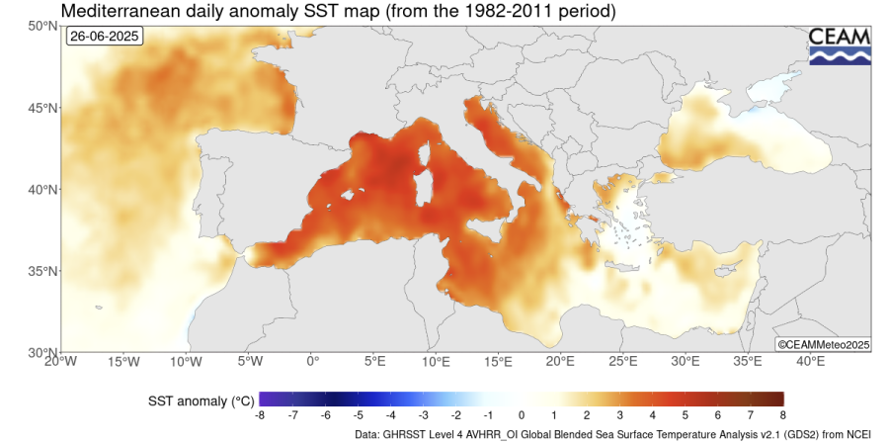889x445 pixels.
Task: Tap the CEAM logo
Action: [x=840, y=45]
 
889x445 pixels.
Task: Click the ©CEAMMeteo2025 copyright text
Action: [x=822, y=344]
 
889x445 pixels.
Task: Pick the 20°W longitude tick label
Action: [x=60, y=362]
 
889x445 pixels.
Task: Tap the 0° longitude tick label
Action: [x=312, y=362]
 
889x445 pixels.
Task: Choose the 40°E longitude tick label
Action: [x=810, y=362]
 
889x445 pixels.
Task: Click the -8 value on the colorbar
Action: [x=259, y=416]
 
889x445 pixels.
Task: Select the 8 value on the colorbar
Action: [x=782, y=416]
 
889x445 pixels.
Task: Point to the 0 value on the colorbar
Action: [x=522, y=416]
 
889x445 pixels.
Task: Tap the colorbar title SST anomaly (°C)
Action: [x=202, y=400]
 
